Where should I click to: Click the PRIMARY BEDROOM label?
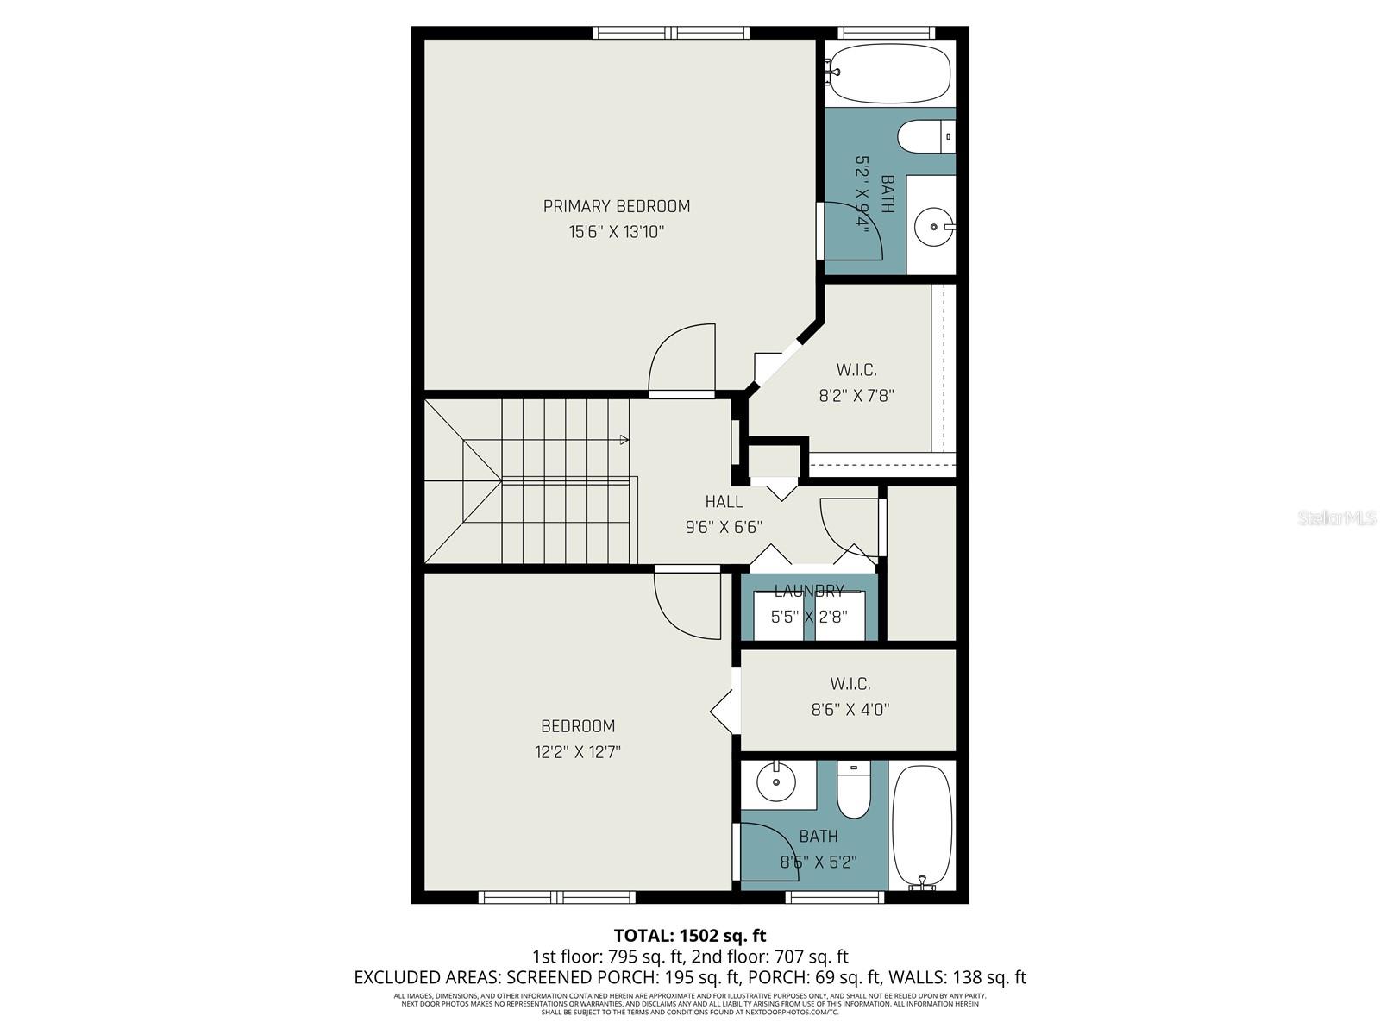click(616, 206)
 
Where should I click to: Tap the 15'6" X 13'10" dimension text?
click(616, 232)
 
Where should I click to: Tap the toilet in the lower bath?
click(854, 792)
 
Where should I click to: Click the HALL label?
click(724, 502)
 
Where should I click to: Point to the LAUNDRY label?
click(808, 591)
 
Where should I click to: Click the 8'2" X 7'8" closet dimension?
click(856, 396)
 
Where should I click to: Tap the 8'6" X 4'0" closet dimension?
click(850, 710)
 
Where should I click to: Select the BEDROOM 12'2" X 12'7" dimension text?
click(577, 752)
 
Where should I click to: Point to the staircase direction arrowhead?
click(624, 440)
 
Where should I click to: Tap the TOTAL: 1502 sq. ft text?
click(689, 935)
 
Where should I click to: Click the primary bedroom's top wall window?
click(670, 33)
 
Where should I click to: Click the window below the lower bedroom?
click(557, 898)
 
